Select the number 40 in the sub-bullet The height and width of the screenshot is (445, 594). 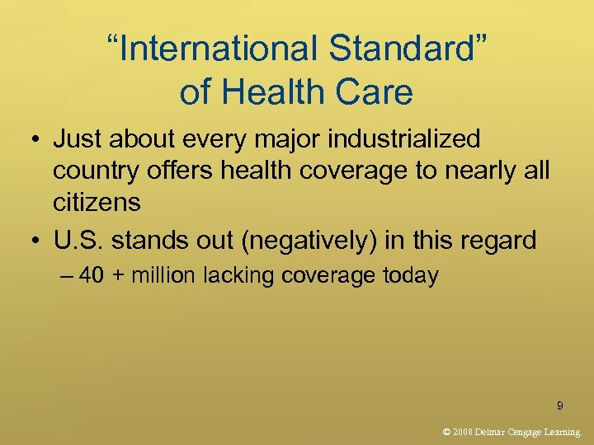(92, 275)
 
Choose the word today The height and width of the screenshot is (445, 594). (410, 275)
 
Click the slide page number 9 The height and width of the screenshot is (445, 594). (560, 405)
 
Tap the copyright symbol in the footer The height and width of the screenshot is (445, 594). (446, 431)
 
